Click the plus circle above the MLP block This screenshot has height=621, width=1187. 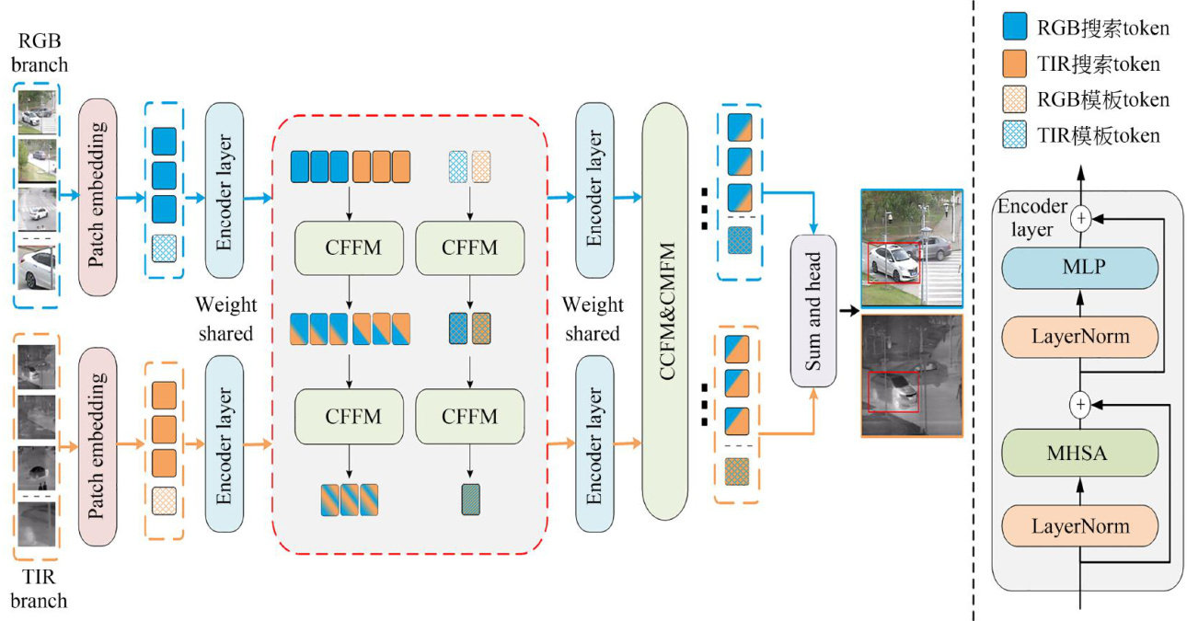coord(1080,218)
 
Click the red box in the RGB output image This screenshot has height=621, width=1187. coord(893,262)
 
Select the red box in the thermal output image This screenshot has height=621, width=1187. coord(893,392)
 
